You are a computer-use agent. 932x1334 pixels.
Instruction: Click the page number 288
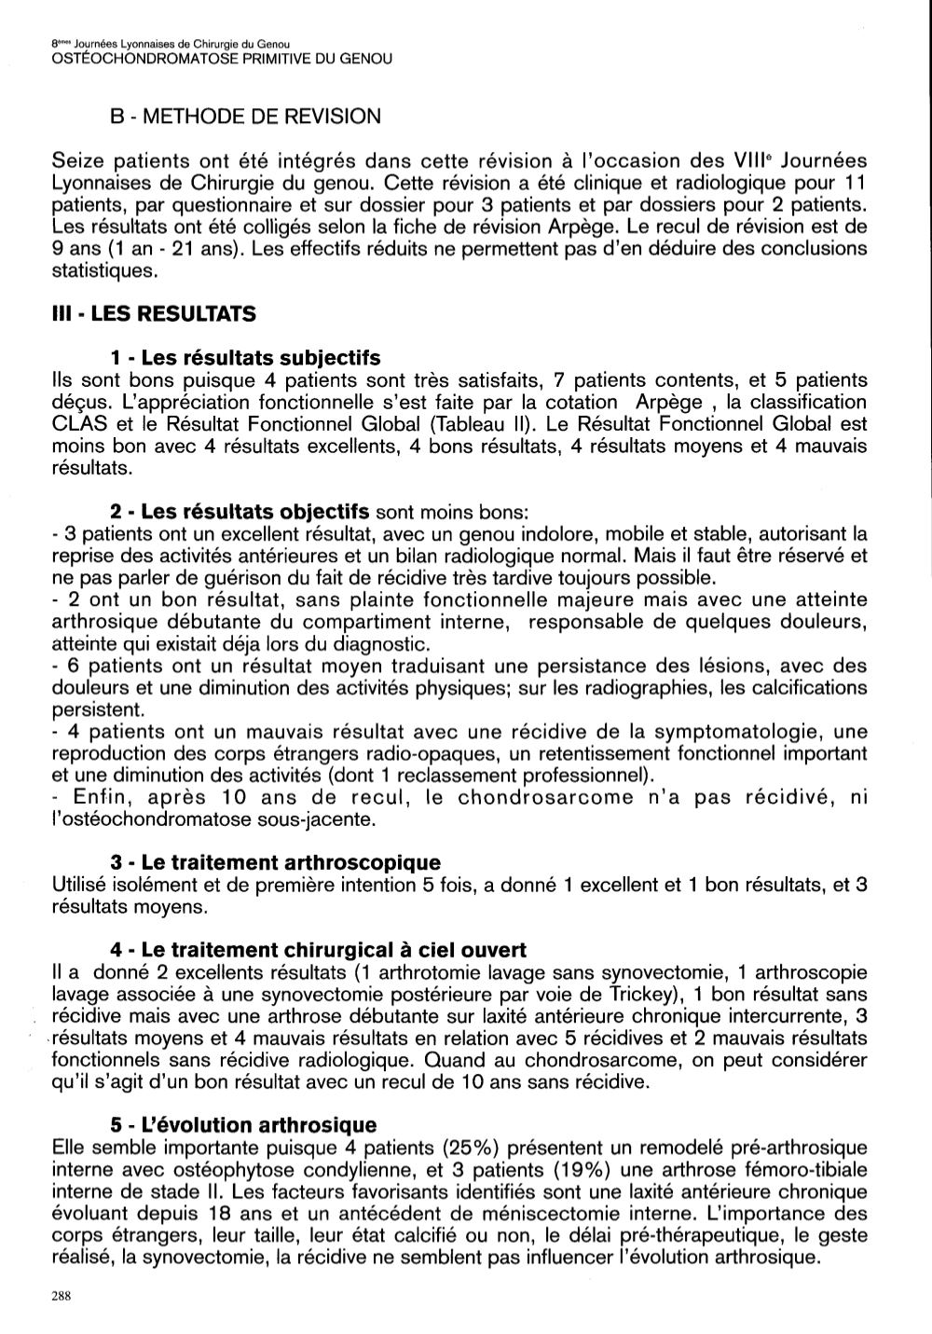[62, 1296]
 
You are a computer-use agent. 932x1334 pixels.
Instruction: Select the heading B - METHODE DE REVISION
[245, 117]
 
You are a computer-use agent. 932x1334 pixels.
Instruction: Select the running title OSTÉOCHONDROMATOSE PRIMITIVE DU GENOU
[222, 59]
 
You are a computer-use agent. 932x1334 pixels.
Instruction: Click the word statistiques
[100, 270]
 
